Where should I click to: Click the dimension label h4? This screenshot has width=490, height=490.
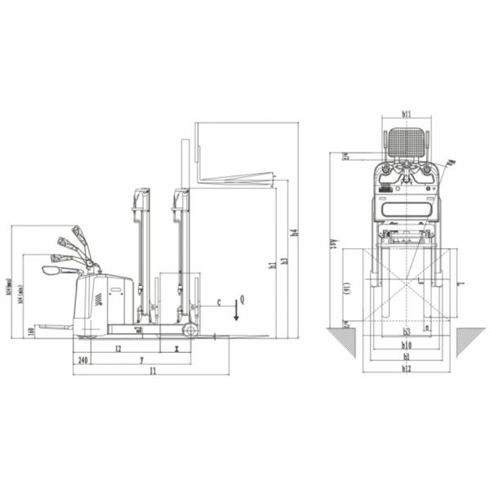(295, 231)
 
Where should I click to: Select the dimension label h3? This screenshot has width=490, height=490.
(283, 261)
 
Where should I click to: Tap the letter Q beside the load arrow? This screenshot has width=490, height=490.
(243, 301)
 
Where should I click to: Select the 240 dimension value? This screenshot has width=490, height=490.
(82, 359)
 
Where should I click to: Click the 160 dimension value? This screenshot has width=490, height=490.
(30, 331)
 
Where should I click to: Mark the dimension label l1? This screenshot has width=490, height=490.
(152, 372)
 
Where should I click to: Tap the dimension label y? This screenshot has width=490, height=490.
(140, 359)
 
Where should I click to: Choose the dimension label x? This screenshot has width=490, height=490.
(176, 349)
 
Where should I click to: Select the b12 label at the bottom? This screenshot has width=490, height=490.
(406, 368)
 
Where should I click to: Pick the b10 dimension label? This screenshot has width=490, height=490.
(406, 345)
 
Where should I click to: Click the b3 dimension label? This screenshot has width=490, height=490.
(406, 332)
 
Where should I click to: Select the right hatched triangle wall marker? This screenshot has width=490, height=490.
(470, 339)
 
